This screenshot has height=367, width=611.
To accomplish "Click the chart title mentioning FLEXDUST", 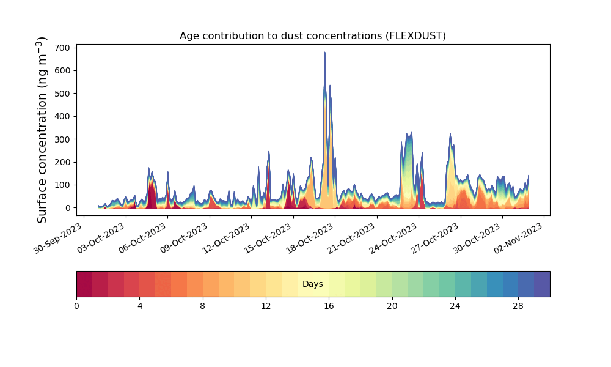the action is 312,36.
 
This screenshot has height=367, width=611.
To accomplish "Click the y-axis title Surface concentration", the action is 42,130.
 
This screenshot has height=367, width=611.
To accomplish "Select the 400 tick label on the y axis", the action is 63,116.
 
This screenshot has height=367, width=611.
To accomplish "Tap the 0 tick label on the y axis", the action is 68,208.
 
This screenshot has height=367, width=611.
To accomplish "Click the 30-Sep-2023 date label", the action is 59,238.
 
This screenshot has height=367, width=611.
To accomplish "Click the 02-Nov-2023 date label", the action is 519,238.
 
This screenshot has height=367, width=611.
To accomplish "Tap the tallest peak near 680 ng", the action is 324,53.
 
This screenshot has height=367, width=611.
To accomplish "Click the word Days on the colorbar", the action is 312,284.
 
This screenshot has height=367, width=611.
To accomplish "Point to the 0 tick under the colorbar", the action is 76,306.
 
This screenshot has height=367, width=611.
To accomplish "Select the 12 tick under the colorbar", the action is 266,306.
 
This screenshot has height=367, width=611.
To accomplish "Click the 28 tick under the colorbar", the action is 518,306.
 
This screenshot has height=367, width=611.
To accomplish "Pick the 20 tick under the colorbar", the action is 392,306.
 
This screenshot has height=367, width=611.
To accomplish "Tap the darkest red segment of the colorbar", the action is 84,284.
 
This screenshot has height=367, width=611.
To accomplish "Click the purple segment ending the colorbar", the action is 542,284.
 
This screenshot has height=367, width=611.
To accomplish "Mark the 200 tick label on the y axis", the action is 63,162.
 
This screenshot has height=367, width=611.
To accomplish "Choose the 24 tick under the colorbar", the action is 455,306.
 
